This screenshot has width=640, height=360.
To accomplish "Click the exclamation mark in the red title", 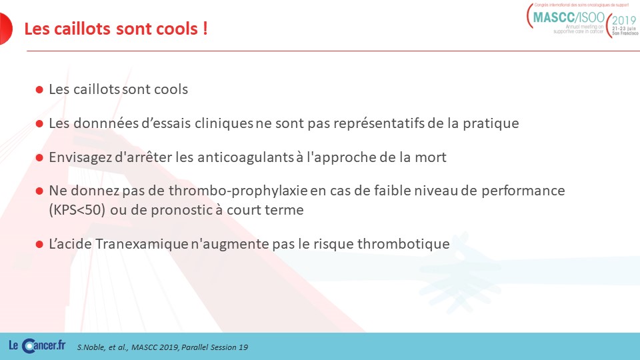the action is point(205,29).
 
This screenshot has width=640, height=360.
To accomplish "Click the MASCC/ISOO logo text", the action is point(569,17).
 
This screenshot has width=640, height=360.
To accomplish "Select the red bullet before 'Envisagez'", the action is point(39,157).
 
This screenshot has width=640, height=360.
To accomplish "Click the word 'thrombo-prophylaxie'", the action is point(239,191).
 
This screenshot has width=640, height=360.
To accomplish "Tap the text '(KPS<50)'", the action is point(77,210).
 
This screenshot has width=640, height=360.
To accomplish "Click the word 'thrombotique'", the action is point(403,244).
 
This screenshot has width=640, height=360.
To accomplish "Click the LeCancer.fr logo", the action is point(37,345).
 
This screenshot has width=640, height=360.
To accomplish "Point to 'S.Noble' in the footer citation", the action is point(91,347).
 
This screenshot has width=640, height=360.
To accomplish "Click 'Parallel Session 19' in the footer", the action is point(215,347).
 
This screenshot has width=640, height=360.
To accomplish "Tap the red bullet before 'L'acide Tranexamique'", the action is point(39,245).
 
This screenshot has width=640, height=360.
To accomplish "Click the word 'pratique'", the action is point(491,124).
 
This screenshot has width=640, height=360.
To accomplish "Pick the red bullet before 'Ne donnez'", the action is point(39,191).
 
